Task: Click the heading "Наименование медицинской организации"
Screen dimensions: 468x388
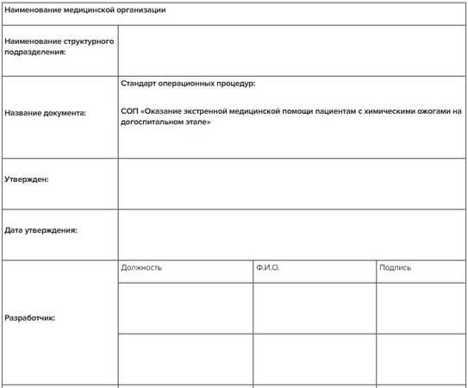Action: pos(85,10)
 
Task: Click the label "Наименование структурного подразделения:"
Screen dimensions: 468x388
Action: pos(59,47)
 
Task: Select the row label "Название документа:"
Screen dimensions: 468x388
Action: pos(45,112)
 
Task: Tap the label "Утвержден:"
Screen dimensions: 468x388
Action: pos(27,179)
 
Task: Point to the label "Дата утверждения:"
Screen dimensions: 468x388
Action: pos(41,230)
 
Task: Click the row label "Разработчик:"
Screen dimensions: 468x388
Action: pos(30,318)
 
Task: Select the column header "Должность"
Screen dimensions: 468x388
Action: pos(141,267)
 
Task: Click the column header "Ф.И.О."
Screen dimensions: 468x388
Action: pos(268,267)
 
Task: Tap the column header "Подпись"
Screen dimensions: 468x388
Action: pos(395,267)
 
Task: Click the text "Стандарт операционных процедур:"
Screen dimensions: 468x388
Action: pos(189,84)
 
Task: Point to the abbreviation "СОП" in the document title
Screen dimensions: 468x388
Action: pos(129,111)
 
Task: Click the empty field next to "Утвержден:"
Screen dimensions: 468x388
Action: pos(292,184)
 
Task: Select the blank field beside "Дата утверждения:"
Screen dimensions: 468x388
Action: pos(292,235)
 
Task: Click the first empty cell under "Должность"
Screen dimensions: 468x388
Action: pos(185,308)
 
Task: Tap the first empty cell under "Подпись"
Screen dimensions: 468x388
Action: pos(421,308)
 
